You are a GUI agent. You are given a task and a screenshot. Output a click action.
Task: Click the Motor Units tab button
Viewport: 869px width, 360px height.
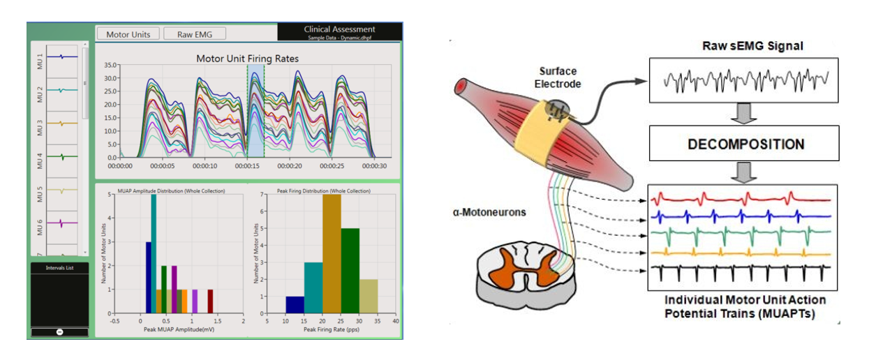[x=128, y=33]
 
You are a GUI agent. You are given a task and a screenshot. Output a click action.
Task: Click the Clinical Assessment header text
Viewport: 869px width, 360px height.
[x=339, y=29]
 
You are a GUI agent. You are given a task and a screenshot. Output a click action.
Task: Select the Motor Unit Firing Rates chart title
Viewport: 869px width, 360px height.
[x=247, y=59]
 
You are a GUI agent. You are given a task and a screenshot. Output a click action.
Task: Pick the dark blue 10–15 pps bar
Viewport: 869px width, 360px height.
[x=295, y=306]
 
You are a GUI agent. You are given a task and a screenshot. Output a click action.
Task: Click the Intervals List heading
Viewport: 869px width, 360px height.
[x=59, y=267]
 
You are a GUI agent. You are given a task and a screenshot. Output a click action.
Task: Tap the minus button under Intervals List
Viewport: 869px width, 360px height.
[x=59, y=331]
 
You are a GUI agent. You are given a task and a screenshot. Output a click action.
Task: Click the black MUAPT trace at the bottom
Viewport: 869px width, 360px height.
[x=740, y=267]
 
